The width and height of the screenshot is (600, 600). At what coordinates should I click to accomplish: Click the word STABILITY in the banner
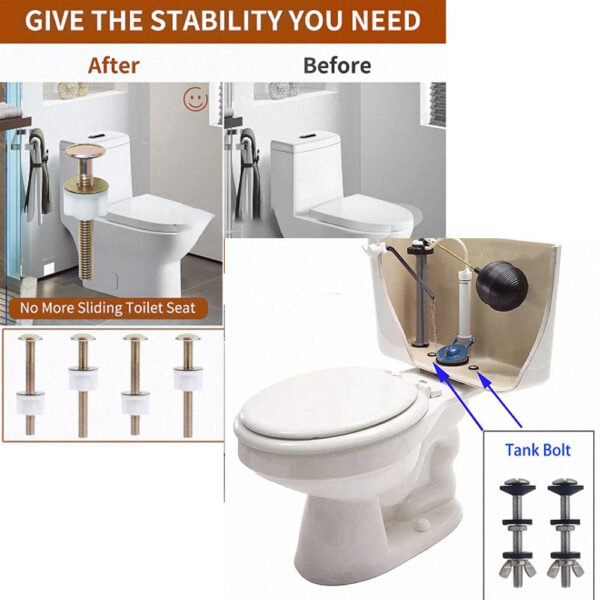pyautogui.click(x=216, y=20)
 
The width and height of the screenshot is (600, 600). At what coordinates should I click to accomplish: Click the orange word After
pyautogui.click(x=114, y=66)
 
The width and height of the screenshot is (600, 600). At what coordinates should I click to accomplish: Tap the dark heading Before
pyautogui.click(x=337, y=66)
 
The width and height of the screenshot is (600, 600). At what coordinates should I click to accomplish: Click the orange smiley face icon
pyautogui.click(x=196, y=99)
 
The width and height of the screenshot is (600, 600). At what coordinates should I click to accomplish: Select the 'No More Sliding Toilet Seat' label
pyautogui.click(x=108, y=308)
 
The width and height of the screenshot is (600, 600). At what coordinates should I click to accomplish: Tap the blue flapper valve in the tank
pyautogui.click(x=454, y=352)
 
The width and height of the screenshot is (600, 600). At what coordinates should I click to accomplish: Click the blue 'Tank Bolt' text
pyautogui.click(x=538, y=450)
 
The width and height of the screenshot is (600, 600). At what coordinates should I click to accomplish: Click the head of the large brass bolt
pyautogui.click(x=85, y=150)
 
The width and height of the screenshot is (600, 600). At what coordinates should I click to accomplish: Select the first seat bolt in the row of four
pyautogui.click(x=30, y=385)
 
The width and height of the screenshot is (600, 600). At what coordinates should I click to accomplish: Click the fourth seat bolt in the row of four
pyautogui.click(x=188, y=385)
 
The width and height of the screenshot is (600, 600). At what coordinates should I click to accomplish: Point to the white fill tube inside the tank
pyautogui.click(x=465, y=302)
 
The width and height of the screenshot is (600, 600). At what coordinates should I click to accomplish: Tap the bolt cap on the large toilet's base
pyautogui.click(x=421, y=523)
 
